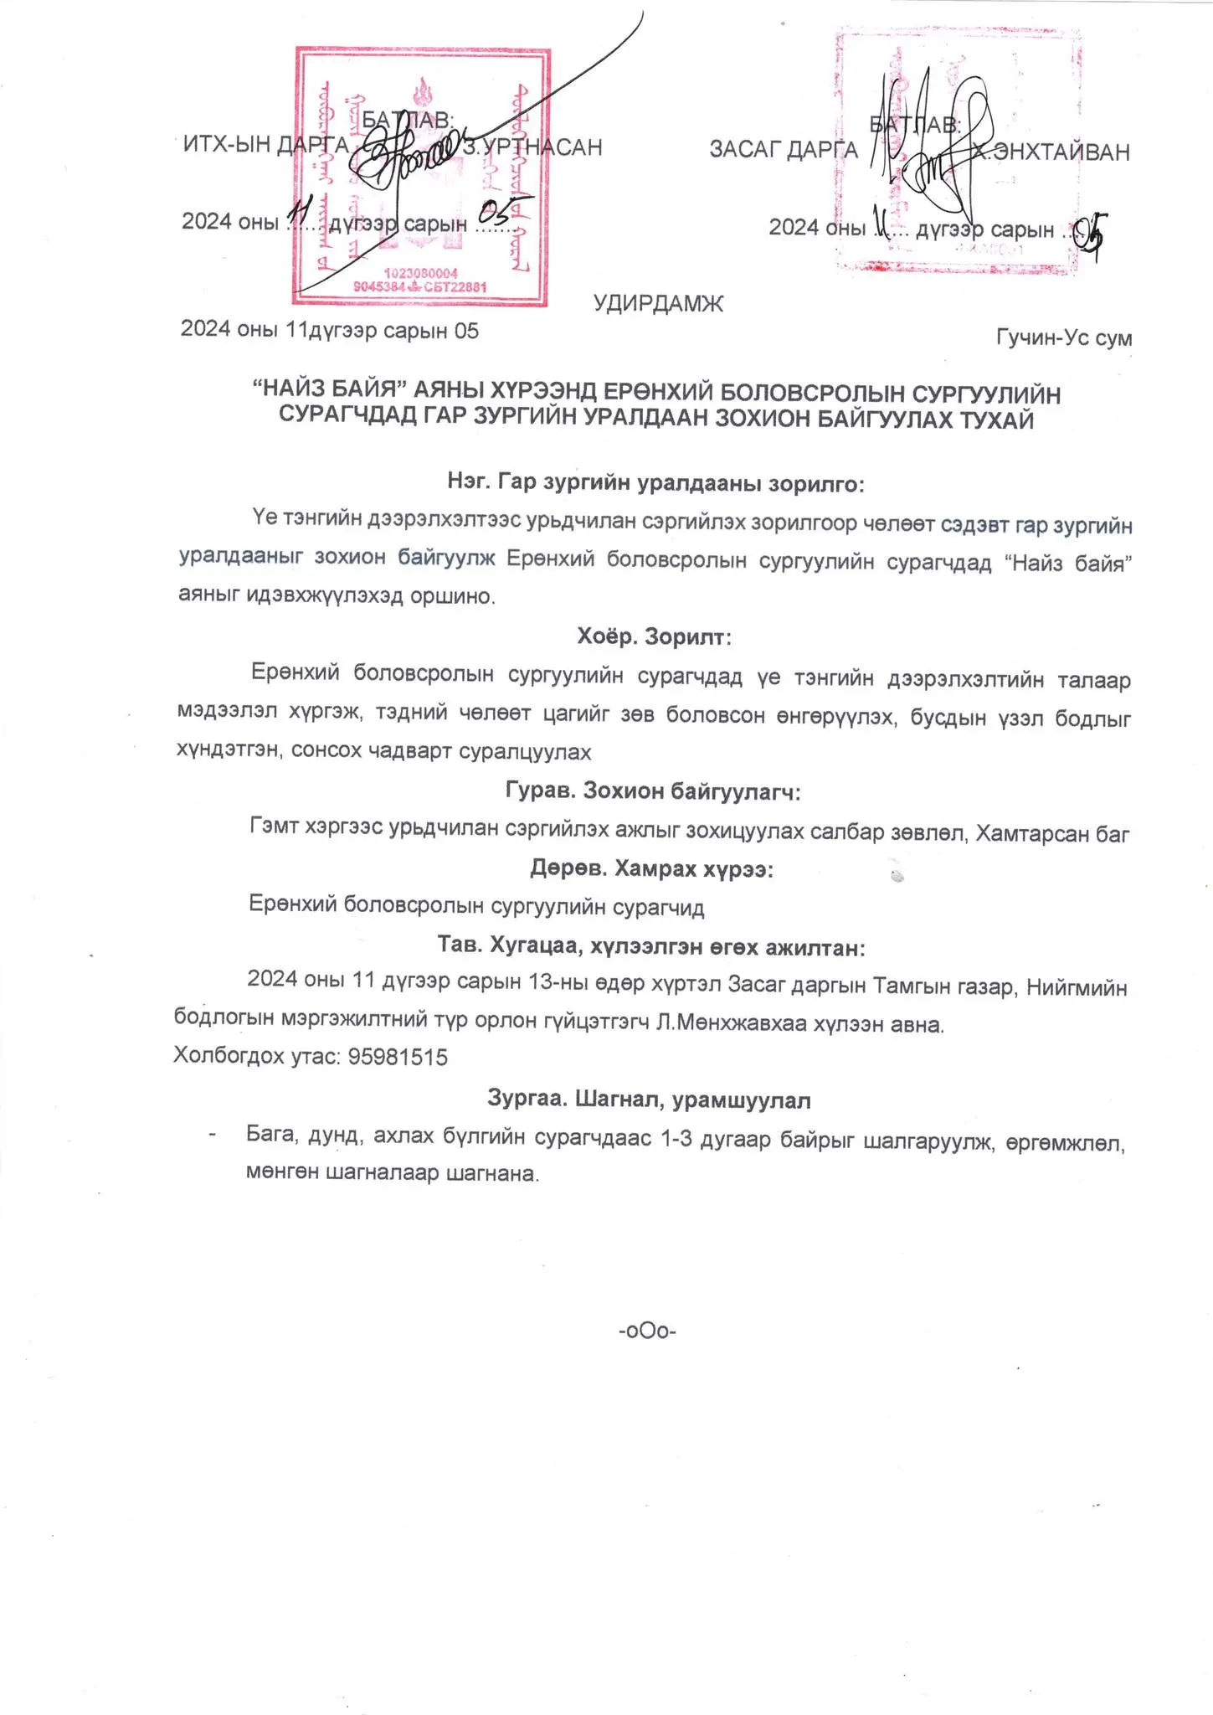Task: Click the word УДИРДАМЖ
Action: pyautogui.click(x=658, y=303)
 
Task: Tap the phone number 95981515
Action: pyautogui.click(x=398, y=1057)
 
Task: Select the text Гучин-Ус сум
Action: pyautogui.click(x=1063, y=337)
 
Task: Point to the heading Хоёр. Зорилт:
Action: pyautogui.click(x=654, y=637)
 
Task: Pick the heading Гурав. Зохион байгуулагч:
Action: pyautogui.click(x=654, y=791)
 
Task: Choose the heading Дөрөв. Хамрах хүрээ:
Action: pyautogui.click(x=651, y=868)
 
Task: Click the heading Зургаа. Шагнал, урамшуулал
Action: pyautogui.click(x=649, y=1100)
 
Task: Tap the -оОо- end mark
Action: pyautogui.click(x=647, y=1331)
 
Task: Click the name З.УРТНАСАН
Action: pyautogui.click(x=532, y=147)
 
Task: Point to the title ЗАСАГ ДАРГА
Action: pyautogui.click(x=784, y=150)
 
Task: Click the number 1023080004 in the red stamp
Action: pyautogui.click(x=420, y=274)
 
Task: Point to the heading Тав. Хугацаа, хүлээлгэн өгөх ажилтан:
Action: pyautogui.click(x=651, y=947)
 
